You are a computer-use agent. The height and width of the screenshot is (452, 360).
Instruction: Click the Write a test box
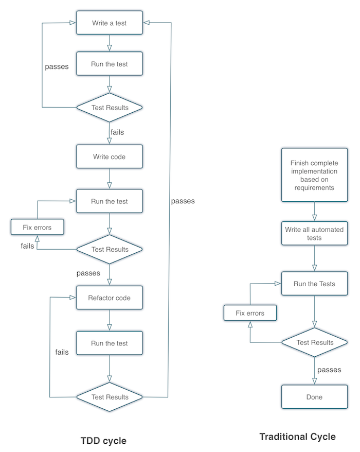[x=109, y=23]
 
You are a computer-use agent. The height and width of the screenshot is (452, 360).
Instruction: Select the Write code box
[x=109, y=156]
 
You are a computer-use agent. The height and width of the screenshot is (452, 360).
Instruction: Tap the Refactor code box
[x=109, y=298]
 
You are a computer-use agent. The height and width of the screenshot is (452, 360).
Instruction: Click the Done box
[x=314, y=397]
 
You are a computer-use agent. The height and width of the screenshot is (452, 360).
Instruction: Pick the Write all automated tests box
[x=314, y=234]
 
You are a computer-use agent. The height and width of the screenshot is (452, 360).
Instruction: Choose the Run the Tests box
[x=314, y=284]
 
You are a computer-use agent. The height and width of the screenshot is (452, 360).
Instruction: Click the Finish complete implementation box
[x=314, y=176]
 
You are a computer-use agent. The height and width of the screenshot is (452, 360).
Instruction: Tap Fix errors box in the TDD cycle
[x=37, y=227]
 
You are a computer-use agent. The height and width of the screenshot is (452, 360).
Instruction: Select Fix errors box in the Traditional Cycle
[x=250, y=313]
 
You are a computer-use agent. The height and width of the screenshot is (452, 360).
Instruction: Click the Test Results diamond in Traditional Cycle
[x=315, y=342]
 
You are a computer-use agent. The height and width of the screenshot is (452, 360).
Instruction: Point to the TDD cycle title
[x=103, y=441]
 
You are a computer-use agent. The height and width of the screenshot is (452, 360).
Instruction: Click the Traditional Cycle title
[x=297, y=437]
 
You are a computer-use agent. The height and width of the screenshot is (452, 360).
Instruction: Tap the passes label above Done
[x=330, y=370]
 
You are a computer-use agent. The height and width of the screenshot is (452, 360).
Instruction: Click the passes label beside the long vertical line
[x=183, y=201]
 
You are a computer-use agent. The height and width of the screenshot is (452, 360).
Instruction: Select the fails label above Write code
[x=117, y=132]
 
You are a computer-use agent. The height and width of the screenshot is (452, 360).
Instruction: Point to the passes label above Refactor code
[x=88, y=272]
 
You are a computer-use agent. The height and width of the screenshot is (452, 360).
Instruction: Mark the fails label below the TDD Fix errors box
[x=27, y=246]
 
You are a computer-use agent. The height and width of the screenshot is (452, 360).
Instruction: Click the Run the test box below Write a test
[x=109, y=64]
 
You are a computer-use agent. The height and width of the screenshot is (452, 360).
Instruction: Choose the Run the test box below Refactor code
[x=109, y=343]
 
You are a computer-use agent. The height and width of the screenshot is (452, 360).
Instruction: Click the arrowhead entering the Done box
[x=314, y=381]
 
